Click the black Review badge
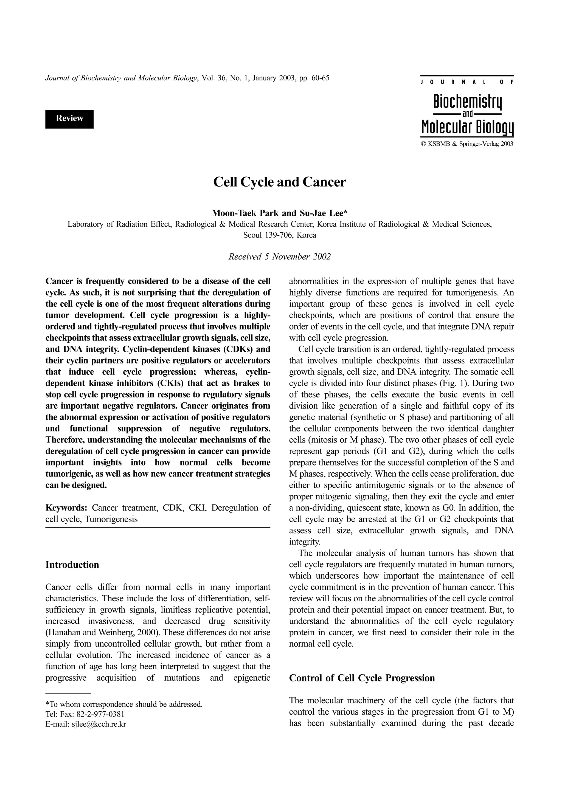click(69, 119)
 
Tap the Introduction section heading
click(72, 565)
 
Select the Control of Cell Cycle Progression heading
click(362, 678)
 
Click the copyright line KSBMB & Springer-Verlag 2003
click(470, 144)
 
